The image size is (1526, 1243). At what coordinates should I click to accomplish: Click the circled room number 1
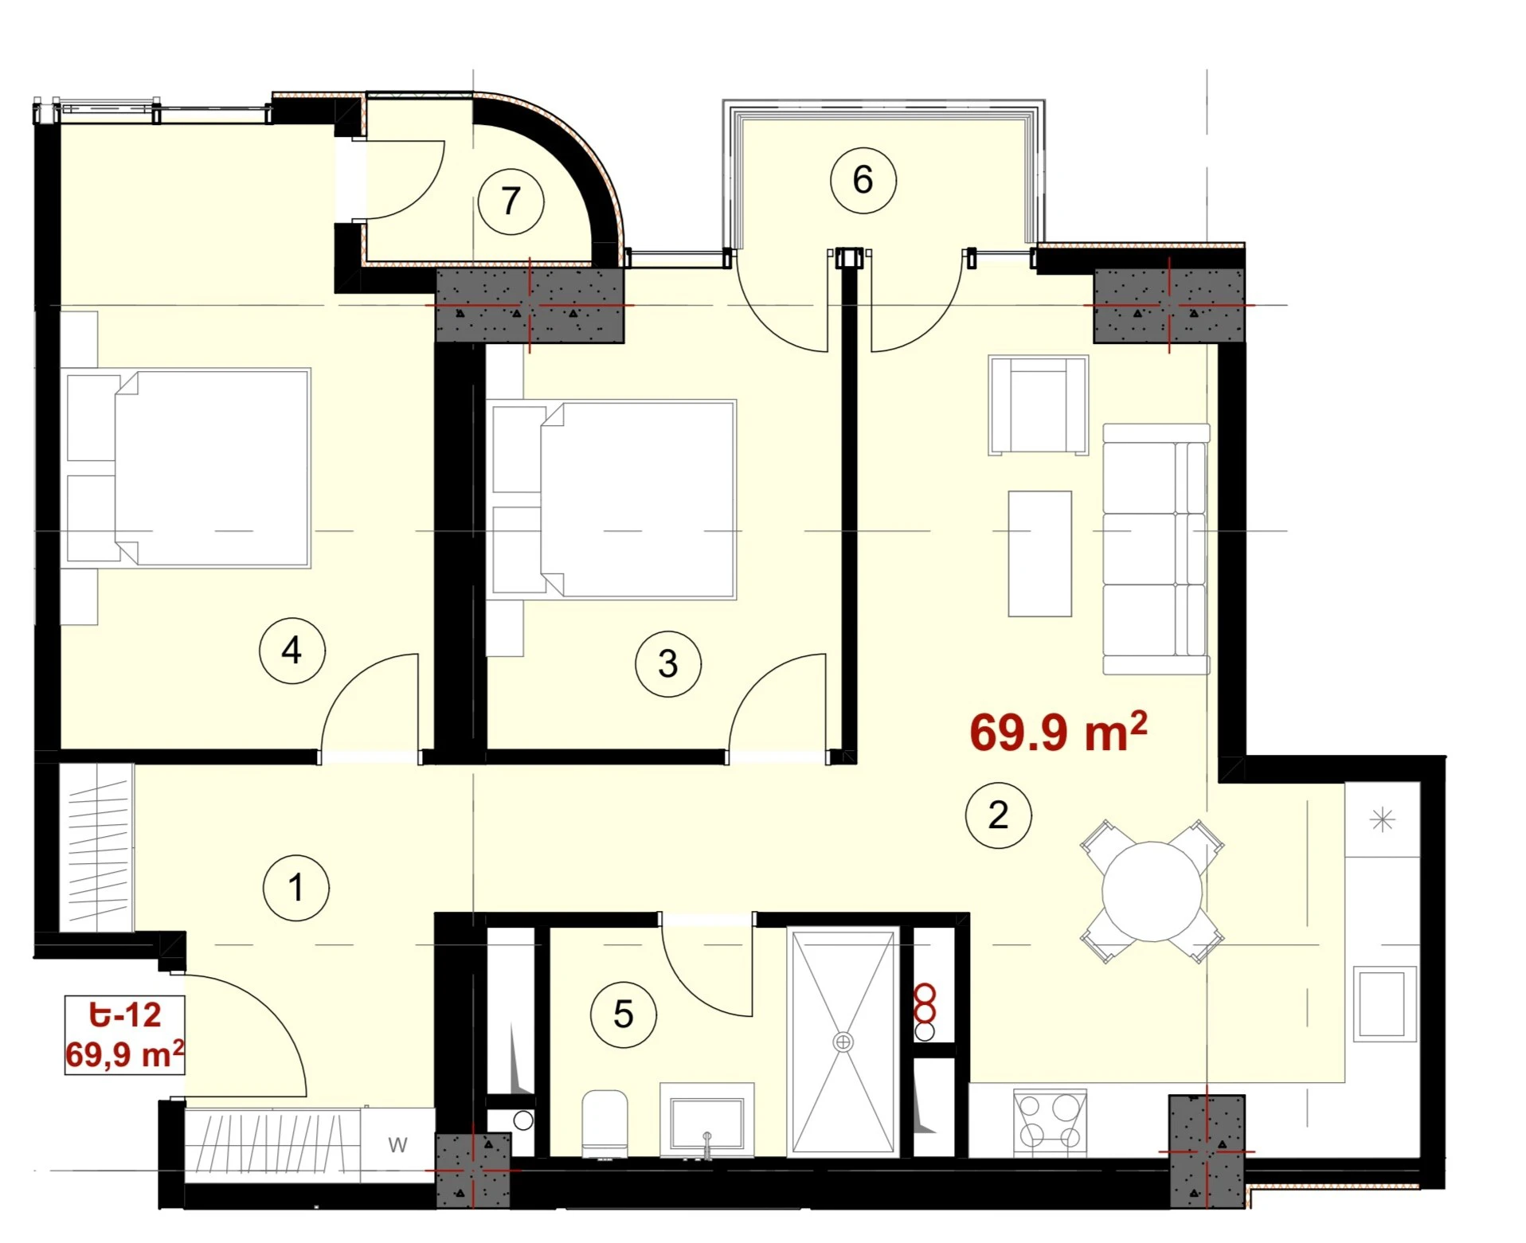295,888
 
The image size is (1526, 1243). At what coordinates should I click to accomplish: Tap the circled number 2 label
998,815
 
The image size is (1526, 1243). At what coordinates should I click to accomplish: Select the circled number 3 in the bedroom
668,663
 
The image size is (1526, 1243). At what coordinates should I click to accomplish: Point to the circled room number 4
292,651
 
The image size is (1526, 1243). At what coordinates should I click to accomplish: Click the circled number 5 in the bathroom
624,1014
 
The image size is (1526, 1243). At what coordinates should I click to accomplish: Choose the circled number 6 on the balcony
863,180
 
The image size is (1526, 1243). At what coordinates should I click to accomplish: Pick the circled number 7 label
511,201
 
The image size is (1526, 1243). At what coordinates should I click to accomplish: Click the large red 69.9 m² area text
1058,731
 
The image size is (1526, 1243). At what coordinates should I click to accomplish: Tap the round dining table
1152,891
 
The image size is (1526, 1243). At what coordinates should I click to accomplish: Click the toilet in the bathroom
605,1124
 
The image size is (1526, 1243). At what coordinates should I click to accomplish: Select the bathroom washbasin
707,1119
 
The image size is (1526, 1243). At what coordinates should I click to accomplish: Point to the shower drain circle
843,1042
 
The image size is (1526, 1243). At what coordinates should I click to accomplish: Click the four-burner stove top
1050,1121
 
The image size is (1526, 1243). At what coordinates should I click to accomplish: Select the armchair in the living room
1038,405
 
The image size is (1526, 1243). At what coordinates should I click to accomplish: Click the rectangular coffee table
1039,553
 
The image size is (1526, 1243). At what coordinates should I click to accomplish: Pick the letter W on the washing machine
397,1144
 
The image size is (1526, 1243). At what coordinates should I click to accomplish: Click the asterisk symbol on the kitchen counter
1383,819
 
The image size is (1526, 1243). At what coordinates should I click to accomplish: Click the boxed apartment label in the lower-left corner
125,1035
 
